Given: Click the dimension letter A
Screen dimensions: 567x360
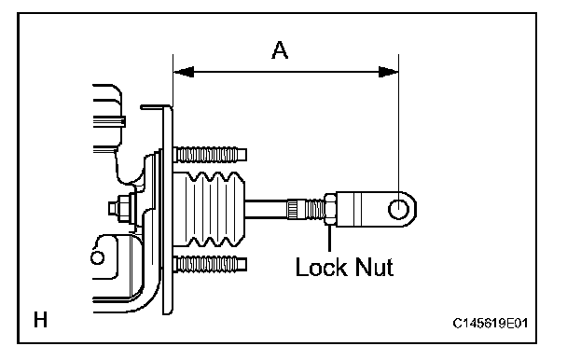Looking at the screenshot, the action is (x=280, y=50).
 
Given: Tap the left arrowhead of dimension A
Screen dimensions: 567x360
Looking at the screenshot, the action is (x=184, y=72).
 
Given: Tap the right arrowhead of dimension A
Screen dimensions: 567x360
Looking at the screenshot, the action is (x=388, y=72).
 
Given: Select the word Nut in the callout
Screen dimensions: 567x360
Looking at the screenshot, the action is (x=374, y=268).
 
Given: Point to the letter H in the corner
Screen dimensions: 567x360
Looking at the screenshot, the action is (x=40, y=320).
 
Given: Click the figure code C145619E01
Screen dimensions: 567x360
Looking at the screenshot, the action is (x=491, y=323).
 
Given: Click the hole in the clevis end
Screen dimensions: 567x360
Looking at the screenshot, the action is (x=398, y=210).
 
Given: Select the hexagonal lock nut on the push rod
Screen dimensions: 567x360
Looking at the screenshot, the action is (x=330, y=210).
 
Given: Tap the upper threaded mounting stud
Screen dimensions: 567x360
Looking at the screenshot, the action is (x=210, y=155).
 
